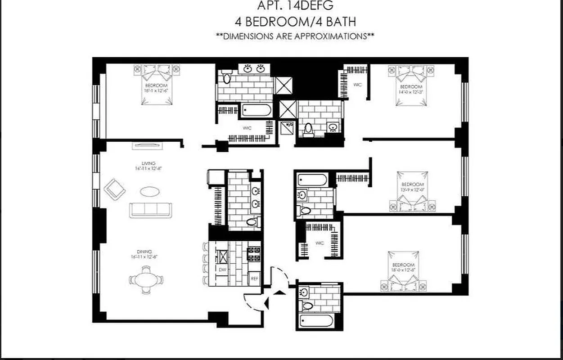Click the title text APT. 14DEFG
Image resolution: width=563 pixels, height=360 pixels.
294,6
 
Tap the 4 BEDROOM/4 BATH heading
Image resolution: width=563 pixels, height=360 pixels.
294,21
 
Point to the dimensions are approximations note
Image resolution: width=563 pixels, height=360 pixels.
294,36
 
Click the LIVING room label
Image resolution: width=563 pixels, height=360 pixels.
148,165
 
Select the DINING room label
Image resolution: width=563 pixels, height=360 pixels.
145,254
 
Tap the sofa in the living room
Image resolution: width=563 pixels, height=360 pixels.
150,210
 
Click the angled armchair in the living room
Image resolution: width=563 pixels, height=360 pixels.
115,189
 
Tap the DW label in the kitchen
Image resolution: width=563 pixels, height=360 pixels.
222,270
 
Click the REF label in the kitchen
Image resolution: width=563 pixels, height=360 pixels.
254,279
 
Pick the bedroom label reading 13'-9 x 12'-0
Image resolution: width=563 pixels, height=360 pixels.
412,186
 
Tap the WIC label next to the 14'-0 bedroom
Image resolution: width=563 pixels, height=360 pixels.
358,85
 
